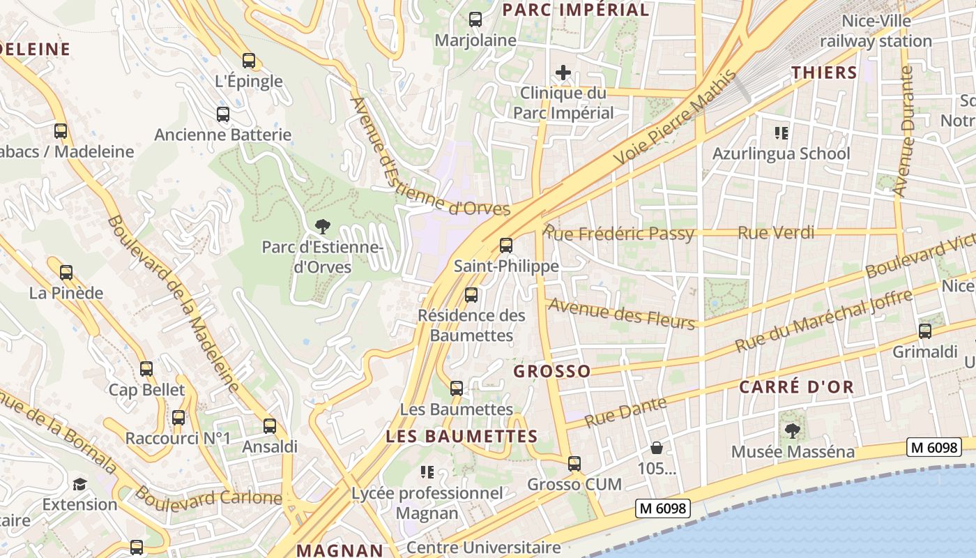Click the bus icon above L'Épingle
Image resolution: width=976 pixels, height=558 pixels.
(x=249, y=61)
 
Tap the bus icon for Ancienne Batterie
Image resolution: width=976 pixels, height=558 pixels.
(x=223, y=114)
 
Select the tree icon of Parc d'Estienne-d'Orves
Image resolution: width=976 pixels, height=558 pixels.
(x=322, y=226)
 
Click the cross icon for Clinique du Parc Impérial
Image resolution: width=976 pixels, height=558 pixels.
(x=563, y=73)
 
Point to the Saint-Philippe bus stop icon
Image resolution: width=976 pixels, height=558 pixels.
(x=506, y=246)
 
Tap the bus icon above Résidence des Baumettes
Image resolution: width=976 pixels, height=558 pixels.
(x=471, y=295)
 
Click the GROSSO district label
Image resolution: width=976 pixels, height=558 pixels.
(x=552, y=371)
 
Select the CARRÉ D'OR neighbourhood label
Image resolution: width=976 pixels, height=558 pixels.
(x=796, y=388)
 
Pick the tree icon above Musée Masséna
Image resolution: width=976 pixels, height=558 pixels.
(x=792, y=430)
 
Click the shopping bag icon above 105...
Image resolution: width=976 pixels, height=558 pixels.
(x=656, y=448)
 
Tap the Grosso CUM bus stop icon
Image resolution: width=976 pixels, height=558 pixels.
(x=574, y=463)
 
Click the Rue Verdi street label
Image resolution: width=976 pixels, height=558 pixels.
(x=776, y=233)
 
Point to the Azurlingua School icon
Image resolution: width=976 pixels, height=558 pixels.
(x=781, y=133)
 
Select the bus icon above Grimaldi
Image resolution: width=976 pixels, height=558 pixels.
(x=925, y=331)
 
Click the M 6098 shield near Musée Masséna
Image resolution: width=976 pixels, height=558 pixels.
(x=933, y=447)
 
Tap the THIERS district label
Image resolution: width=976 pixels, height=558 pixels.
(x=824, y=73)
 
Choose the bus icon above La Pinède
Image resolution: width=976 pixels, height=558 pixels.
(x=66, y=273)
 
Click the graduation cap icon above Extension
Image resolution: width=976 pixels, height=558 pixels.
(x=79, y=483)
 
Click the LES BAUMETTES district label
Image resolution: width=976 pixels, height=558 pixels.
(x=462, y=437)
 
